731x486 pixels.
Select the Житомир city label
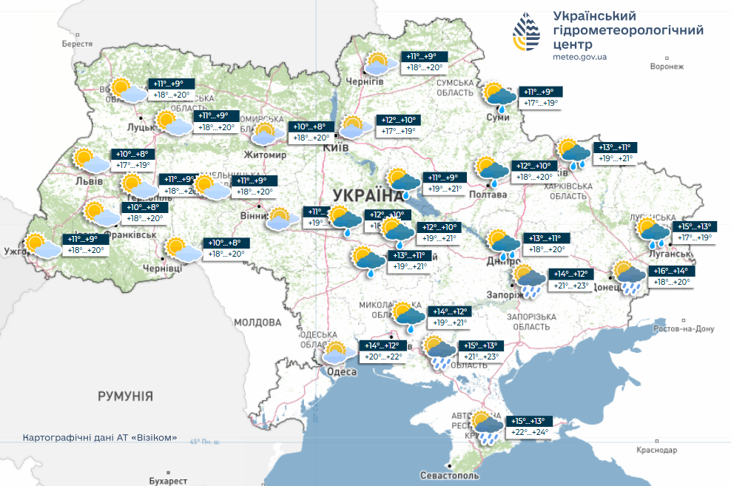click(265, 155)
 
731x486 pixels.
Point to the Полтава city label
click(488, 195)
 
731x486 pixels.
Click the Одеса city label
click(342, 371)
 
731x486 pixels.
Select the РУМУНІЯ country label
click(125, 396)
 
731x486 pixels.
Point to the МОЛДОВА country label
click(257, 323)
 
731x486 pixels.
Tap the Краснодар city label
click(657, 450)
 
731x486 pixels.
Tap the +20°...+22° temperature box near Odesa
click(383, 357)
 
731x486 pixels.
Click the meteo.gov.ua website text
click(580, 56)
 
